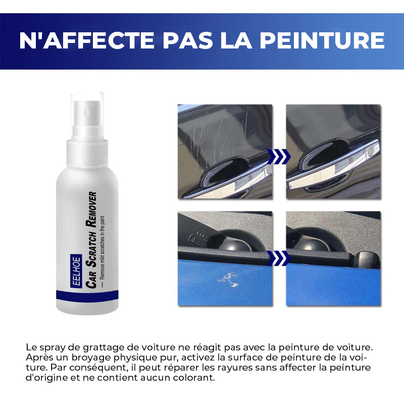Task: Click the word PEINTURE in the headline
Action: coord(322,40)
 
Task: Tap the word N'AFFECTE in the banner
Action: coord(86,40)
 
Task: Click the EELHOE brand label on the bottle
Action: coord(76,271)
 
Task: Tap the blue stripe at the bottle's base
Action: coord(87,295)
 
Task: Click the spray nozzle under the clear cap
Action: coord(87,113)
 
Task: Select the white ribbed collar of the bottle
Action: coord(87,153)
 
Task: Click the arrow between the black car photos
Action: coord(279,157)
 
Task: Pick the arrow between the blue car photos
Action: coord(279,258)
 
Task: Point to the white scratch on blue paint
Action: coord(228,280)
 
